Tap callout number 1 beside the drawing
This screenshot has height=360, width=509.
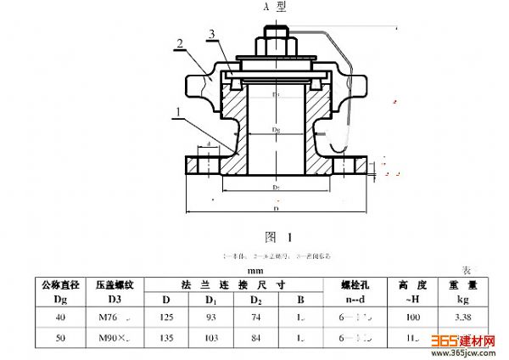(x=177, y=111)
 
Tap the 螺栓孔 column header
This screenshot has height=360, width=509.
(x=355, y=284)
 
